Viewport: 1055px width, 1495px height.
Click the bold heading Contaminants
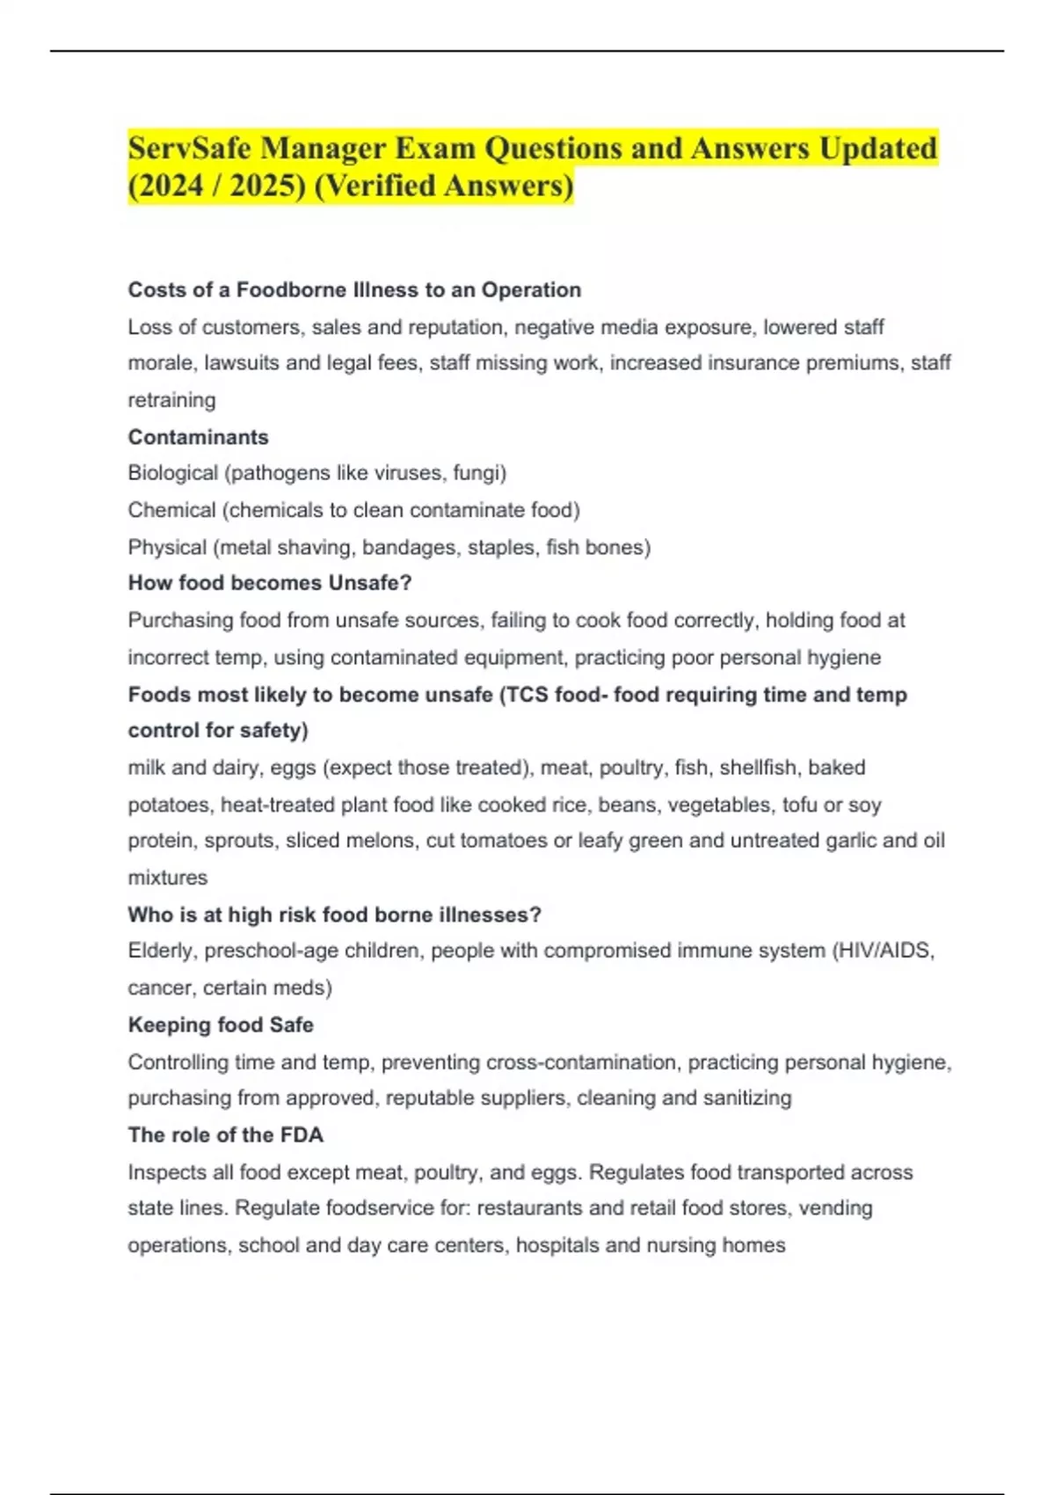(x=198, y=437)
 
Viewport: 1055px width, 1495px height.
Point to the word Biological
(x=172, y=473)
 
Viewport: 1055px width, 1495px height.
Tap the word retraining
(x=171, y=400)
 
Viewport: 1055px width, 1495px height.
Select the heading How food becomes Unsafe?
(x=270, y=583)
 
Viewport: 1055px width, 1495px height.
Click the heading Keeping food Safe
(x=221, y=1025)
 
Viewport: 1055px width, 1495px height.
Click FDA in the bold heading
(x=302, y=1135)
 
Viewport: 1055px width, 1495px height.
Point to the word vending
(x=836, y=1208)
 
